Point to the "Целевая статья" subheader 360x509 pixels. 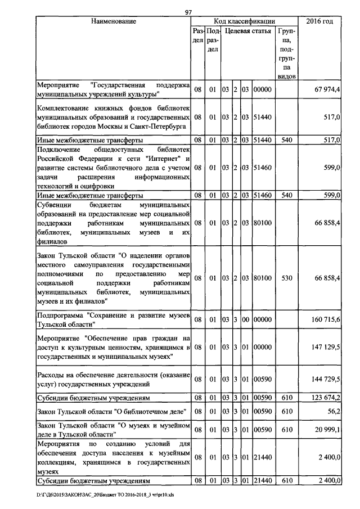click(247, 32)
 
